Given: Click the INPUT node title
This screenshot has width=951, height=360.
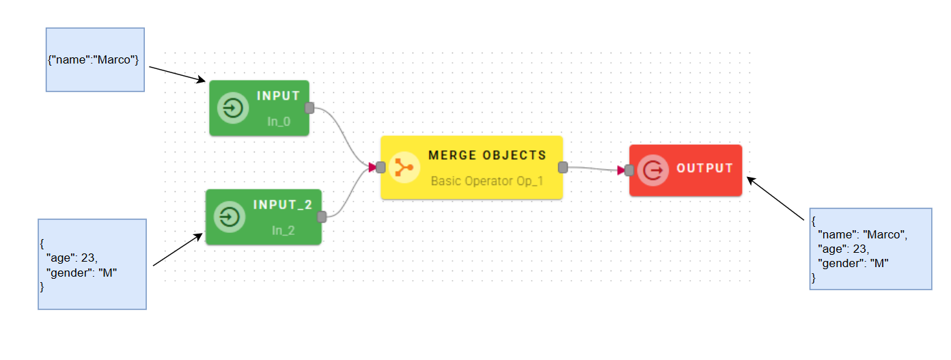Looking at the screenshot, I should [278, 96].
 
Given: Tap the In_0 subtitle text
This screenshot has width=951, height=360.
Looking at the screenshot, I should [279, 121].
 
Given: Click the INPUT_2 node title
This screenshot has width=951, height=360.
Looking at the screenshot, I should [282, 205].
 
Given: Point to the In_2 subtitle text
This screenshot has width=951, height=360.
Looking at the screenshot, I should [283, 230].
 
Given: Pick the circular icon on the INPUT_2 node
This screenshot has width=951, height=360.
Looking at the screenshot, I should [230, 217].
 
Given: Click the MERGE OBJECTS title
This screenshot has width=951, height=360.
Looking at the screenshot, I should [487, 155].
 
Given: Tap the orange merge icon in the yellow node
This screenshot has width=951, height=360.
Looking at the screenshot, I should [404, 167].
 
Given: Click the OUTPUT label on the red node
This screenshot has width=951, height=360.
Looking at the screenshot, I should [704, 168].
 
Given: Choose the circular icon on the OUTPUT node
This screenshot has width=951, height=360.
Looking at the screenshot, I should [653, 169].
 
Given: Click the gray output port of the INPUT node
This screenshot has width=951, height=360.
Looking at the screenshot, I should [309, 108].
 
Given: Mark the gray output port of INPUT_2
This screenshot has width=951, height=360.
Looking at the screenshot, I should [321, 217].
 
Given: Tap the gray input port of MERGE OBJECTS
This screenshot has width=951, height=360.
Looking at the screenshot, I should [381, 167].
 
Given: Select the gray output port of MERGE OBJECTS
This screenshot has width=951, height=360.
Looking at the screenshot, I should [563, 167].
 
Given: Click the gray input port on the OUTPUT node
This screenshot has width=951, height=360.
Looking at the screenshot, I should [629, 170].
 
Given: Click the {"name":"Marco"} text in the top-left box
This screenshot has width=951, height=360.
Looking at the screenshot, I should [94, 60].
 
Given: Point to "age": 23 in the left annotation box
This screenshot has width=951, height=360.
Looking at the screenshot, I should [72, 258].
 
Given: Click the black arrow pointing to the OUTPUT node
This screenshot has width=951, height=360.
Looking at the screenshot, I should [776, 199].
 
